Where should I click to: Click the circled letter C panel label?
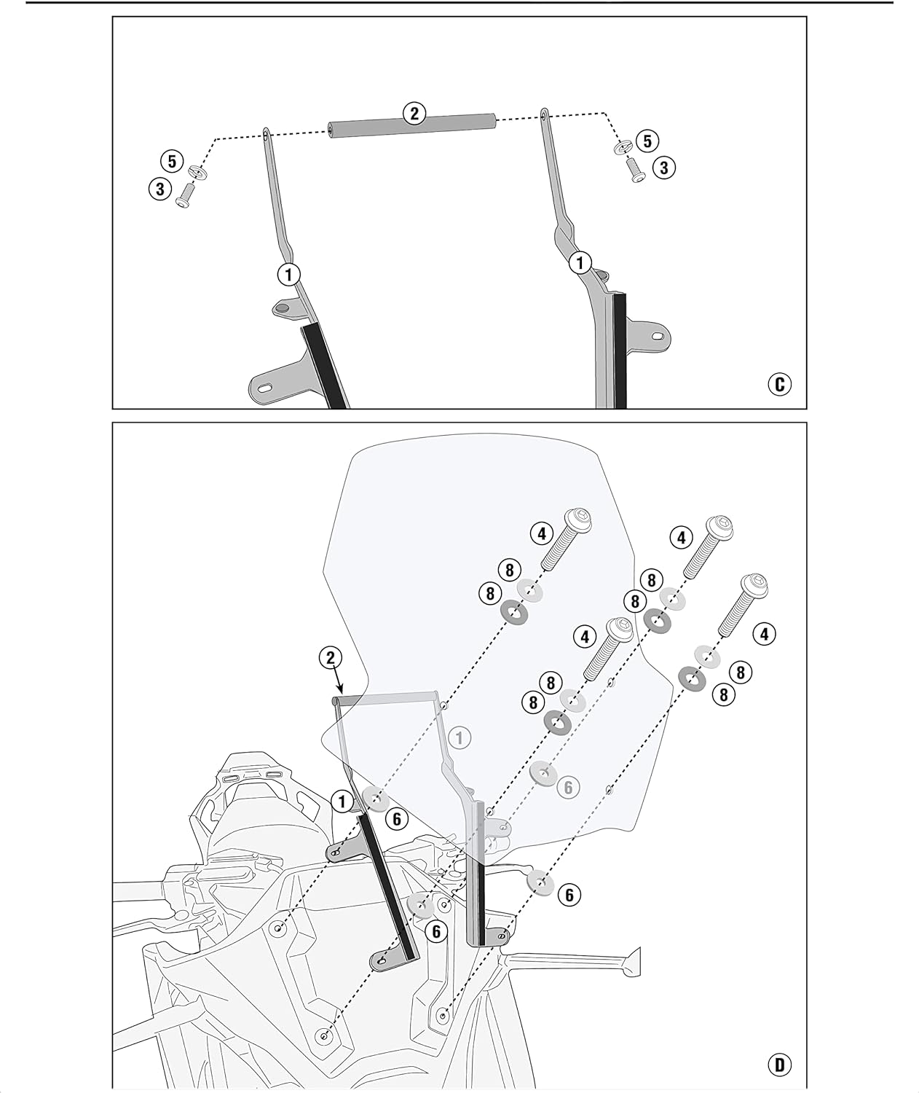[x=779, y=385]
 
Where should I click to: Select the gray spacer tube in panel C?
[x=412, y=127]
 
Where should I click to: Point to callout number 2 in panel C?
[x=414, y=114]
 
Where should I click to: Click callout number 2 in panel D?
[x=331, y=658]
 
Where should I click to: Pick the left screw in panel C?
[x=186, y=196]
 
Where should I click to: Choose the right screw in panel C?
[x=634, y=170]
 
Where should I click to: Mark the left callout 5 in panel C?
[x=172, y=161]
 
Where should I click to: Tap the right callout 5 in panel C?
[x=647, y=141]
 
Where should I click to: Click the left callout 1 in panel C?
[x=288, y=274]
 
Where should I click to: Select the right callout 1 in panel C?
[x=580, y=263]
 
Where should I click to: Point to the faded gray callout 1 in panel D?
[x=459, y=738]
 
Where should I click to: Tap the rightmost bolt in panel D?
[x=744, y=605]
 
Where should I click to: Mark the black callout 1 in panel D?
[x=342, y=802]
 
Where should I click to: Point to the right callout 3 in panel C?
[x=663, y=168]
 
